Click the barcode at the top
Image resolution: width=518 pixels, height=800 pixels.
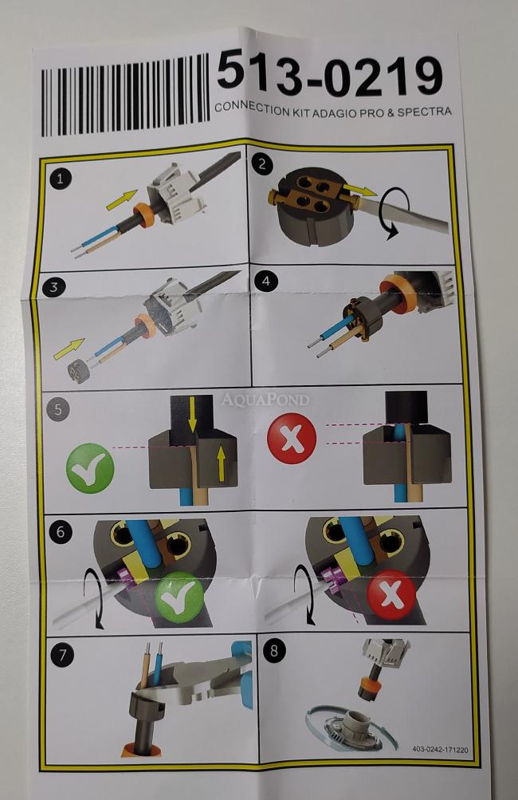pos(125,96)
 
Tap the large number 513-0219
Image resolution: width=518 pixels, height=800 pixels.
pos(329,75)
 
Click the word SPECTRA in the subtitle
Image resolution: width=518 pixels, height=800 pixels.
pos(424,112)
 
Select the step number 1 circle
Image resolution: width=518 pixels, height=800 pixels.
pos(61,179)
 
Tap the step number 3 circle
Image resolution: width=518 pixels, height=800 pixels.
pos(54,287)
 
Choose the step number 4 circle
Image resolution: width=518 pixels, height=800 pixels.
pos(265,281)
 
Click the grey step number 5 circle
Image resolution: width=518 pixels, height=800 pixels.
pos(57,410)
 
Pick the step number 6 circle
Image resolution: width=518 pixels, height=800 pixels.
pos(61,532)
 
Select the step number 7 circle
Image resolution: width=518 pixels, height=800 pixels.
pos(62,655)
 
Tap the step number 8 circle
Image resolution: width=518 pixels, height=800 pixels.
pos(274,651)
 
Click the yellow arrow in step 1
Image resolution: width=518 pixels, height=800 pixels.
pos(122,199)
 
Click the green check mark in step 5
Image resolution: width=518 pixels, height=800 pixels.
pos(90,468)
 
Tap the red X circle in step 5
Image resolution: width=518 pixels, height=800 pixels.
pos(292,438)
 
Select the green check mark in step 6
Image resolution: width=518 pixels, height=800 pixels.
pos(179,597)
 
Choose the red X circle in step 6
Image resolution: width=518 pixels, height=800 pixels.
pos(391,595)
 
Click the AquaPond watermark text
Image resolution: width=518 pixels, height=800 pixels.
pos(265,399)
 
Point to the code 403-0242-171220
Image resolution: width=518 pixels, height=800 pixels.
pos(439,750)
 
